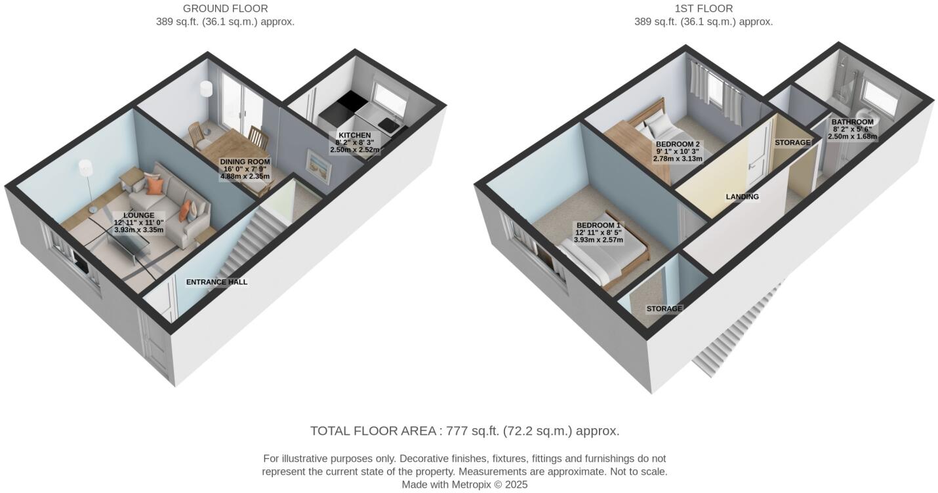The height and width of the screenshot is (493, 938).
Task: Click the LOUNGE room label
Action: [138, 215]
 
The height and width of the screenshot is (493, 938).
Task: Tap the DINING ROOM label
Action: [245, 162]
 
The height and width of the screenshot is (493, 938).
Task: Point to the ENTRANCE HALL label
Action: [216, 282]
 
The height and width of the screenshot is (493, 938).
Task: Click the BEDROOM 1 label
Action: [598, 226]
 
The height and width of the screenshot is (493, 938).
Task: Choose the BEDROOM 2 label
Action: [678, 144]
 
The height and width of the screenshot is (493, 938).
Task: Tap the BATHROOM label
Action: [852, 122]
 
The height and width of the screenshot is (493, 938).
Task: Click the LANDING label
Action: [742, 197]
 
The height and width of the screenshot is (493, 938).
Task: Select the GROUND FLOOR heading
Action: [225, 9]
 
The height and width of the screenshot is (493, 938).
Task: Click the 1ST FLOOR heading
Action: [703, 9]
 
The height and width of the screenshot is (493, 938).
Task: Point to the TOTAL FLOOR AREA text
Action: [464, 431]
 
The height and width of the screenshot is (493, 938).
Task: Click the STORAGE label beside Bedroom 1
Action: [664, 309]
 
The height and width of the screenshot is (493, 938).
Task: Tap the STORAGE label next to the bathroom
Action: [792, 142]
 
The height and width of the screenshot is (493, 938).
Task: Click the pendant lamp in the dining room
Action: [207, 88]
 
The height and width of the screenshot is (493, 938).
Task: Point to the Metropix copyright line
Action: [464, 485]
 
